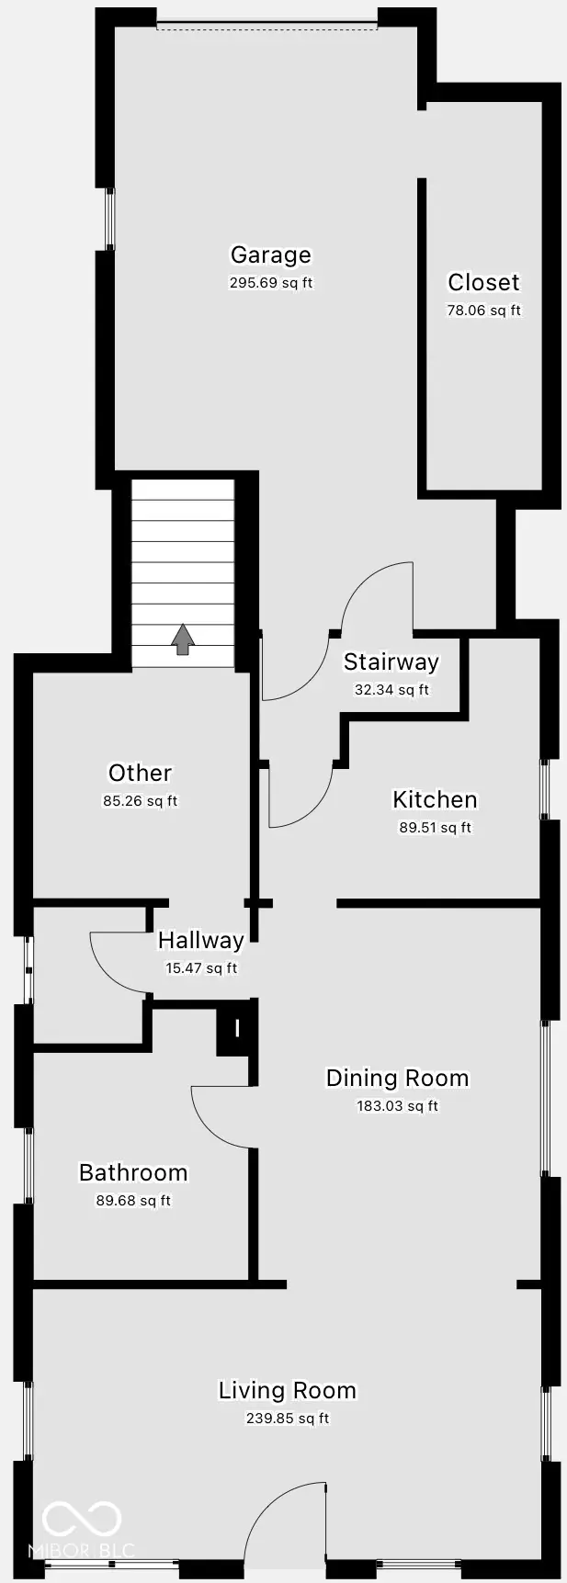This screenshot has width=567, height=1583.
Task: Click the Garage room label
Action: point(270,255)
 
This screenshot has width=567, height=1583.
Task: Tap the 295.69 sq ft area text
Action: point(270,283)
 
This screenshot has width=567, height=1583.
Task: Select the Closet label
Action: point(483,282)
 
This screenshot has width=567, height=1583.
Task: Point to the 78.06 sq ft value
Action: point(483,311)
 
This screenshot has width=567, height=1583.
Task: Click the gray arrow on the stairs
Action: point(183,639)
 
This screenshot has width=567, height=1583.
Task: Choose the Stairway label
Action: point(391,662)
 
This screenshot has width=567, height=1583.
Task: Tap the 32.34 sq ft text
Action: point(391,690)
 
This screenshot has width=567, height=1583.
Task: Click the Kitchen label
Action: point(435,799)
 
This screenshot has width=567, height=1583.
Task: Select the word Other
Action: point(140,773)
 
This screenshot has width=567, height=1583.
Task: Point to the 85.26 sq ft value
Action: point(140,801)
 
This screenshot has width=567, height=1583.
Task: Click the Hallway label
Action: point(200,940)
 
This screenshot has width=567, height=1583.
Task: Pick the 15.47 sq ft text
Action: point(201,968)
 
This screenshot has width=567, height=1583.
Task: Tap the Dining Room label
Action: point(397,1078)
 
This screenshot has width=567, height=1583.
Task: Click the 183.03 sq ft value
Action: point(397,1106)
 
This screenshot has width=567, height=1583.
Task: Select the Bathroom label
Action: point(133,1172)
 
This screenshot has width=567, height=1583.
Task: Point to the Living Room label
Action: point(287,1390)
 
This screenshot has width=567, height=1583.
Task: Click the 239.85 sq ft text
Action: point(287,1419)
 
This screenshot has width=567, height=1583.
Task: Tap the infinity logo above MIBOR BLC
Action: point(82,1520)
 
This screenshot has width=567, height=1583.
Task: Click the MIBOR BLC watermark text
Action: point(82,1551)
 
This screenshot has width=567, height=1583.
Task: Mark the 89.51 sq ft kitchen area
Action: point(435,828)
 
